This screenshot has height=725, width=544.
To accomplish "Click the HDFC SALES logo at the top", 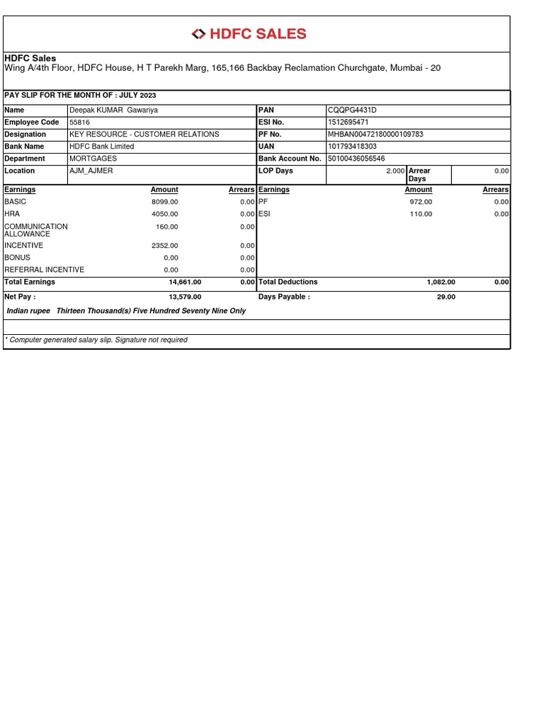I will (x=249, y=34).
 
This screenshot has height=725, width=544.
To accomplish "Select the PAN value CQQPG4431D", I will (x=353, y=110).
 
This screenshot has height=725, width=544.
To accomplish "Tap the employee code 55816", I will (x=79, y=122).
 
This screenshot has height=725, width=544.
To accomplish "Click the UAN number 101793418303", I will (x=352, y=147).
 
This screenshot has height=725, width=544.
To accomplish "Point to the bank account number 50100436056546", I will (x=356, y=159).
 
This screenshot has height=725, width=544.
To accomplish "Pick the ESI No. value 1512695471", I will (x=348, y=122).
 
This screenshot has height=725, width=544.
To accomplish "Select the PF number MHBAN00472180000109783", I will (x=375, y=134).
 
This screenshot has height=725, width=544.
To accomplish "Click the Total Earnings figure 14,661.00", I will (x=185, y=282).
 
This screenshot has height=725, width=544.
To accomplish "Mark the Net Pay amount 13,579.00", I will (x=185, y=297).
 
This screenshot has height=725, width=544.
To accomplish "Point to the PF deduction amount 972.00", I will (x=421, y=202).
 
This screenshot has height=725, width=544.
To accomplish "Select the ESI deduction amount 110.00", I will (x=421, y=214).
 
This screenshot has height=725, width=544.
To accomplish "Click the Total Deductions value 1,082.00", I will (x=441, y=282).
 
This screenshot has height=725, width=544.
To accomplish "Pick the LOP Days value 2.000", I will (x=395, y=171).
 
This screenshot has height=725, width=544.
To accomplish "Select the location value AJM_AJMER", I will (x=91, y=171).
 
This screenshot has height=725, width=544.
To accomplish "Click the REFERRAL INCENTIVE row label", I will (x=44, y=270).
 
